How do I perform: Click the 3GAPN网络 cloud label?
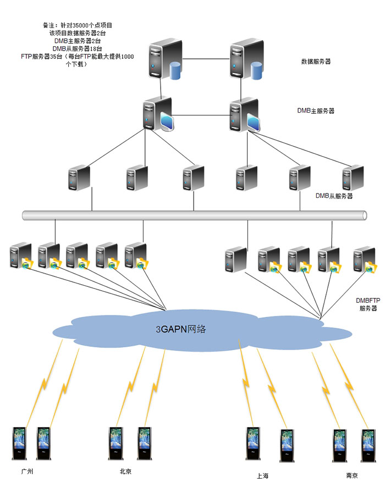click(x=181, y=330)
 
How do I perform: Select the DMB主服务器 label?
click(x=316, y=110)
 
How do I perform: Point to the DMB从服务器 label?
click(x=334, y=196)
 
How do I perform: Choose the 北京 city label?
click(x=125, y=471)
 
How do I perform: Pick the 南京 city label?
click(x=352, y=476)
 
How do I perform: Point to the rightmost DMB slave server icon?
click(x=353, y=178)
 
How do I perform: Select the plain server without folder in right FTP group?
click(x=235, y=259)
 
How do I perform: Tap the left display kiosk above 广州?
click(x=20, y=443)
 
